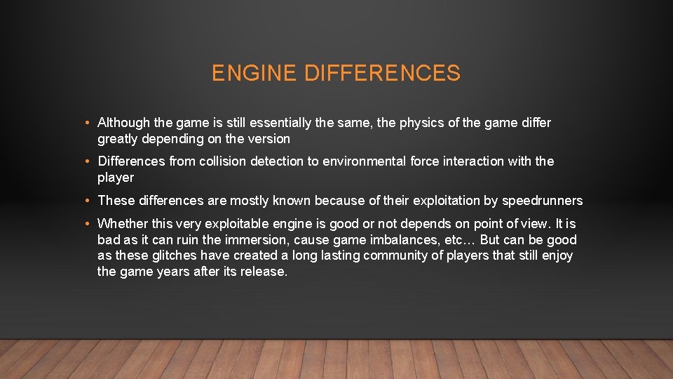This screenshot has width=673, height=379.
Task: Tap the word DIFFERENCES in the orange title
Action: tap(383, 73)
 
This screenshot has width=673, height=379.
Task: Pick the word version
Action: tap(269, 139)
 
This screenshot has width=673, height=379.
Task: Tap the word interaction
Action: tap(471, 161)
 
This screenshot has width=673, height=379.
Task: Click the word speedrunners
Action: tap(543, 201)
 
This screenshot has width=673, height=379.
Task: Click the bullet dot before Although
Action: tap(86, 124)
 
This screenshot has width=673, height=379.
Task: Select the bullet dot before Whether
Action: tap(86, 225)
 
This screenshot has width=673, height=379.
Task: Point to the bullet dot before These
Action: tap(86, 201)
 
